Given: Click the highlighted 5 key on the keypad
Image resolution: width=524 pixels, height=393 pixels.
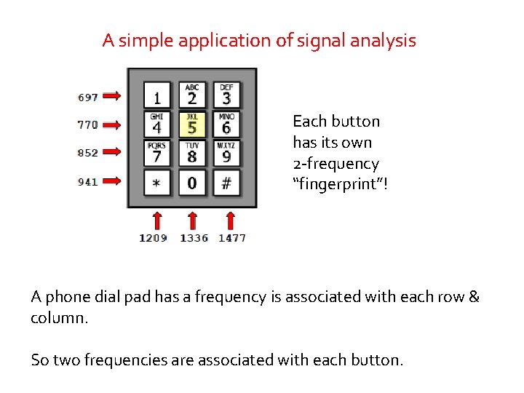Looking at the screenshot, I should coord(192,124).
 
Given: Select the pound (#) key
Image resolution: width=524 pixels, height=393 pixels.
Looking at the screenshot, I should coord(226,182).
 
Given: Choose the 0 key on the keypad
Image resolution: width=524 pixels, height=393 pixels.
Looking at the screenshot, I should coord(192,182).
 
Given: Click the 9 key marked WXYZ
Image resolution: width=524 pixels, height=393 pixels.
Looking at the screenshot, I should coord(226,154).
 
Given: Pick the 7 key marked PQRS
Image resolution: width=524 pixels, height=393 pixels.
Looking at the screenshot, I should coord(157,154).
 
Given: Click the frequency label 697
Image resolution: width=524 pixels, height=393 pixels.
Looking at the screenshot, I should coord(87,96).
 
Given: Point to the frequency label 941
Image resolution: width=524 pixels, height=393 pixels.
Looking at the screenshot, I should coord(87,182).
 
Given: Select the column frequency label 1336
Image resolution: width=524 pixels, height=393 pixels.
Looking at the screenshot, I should coord(194,238).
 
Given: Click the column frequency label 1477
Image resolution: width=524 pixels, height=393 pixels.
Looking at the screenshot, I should coord(232,238).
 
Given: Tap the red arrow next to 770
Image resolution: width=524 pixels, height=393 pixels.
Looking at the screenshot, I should coord(111,124).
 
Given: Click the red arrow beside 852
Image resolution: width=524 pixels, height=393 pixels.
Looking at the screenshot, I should coord(111,153).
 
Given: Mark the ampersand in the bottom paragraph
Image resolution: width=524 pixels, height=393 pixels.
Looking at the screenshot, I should coord(474,297).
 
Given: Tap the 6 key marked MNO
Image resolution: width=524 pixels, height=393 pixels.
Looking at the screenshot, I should coord(226,124).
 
